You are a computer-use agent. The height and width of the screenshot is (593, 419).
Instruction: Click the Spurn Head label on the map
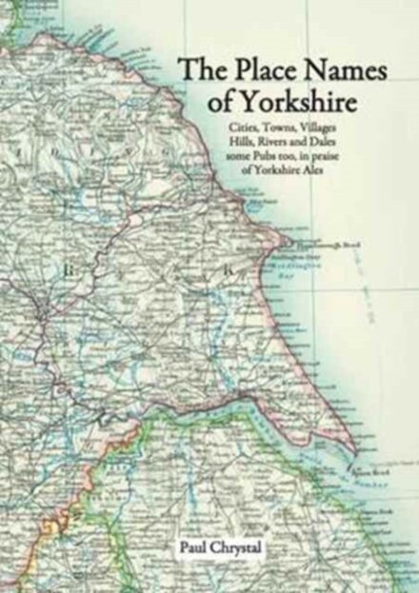tap(370, 470)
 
